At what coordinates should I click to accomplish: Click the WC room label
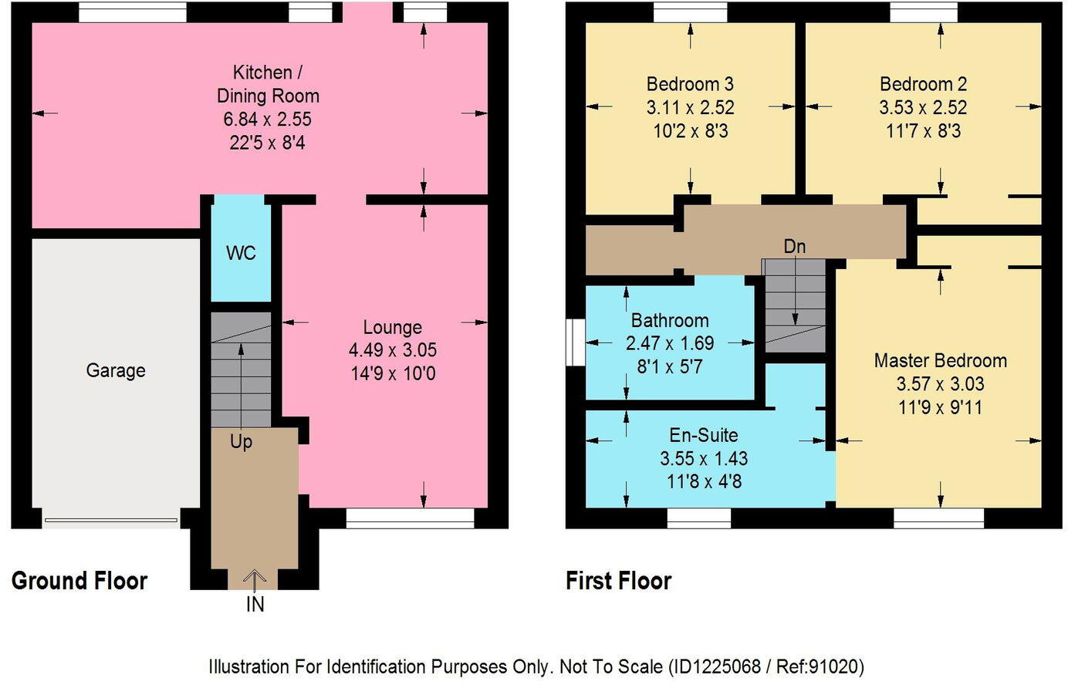click(x=241, y=253)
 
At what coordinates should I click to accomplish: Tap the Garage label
click(x=116, y=371)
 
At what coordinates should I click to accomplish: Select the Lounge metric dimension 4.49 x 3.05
click(x=392, y=350)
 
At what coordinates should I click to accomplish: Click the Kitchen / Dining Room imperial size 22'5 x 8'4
click(x=267, y=143)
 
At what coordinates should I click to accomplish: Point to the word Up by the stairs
click(x=241, y=442)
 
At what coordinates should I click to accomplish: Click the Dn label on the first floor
click(x=794, y=246)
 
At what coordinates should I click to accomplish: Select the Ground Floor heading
click(x=79, y=581)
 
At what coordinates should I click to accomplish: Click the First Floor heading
click(x=618, y=581)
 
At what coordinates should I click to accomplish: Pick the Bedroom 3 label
click(x=690, y=84)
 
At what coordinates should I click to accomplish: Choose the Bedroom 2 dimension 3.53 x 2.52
click(x=923, y=107)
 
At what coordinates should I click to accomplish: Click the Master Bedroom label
click(x=940, y=360)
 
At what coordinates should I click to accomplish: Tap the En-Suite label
click(x=703, y=435)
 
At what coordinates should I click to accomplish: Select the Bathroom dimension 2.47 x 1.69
click(x=670, y=343)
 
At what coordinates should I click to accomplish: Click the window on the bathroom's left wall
click(x=575, y=342)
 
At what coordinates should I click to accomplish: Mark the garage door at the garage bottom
click(x=111, y=520)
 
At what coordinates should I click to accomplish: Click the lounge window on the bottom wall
click(x=410, y=518)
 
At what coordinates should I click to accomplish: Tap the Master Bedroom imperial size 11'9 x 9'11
click(x=940, y=407)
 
